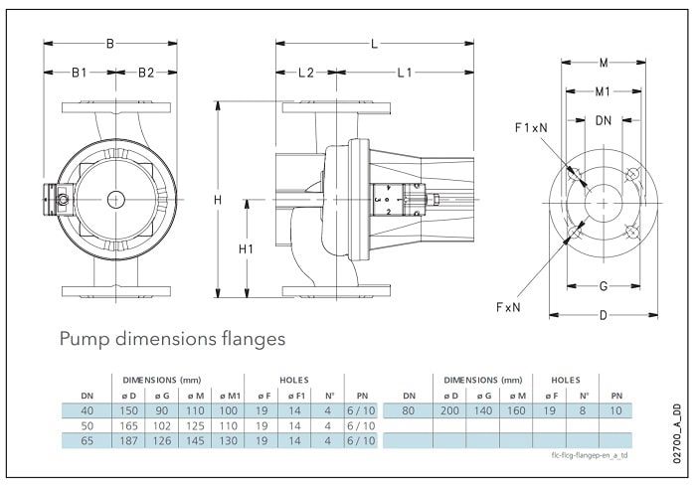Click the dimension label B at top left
tap(111, 43)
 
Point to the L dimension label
tap(374, 43)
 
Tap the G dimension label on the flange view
tap(603, 286)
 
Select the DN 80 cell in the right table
tap(409, 408)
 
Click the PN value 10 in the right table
tap(616, 408)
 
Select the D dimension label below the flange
tap(603, 316)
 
